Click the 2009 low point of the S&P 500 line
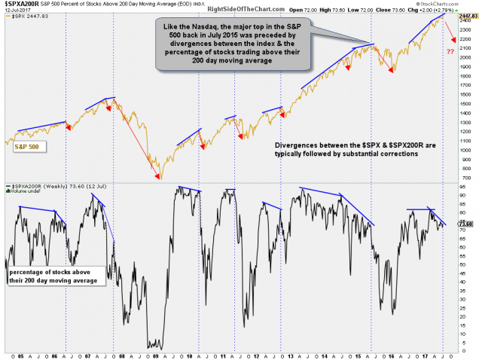tap(159, 178)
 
